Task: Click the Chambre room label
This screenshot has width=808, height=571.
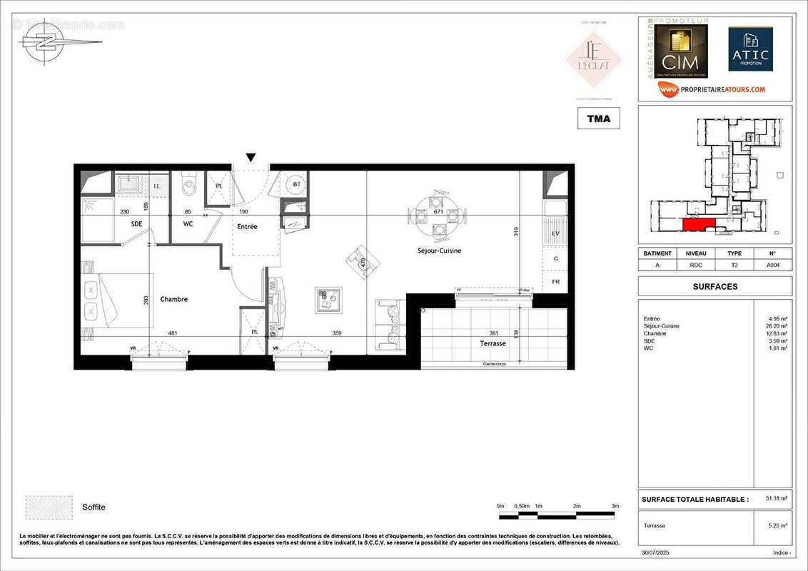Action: click(x=173, y=299)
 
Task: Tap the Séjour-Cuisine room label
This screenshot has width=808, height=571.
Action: click(x=439, y=251)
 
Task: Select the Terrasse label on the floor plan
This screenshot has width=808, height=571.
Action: click(x=493, y=343)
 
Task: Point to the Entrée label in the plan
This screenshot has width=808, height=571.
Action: click(x=247, y=226)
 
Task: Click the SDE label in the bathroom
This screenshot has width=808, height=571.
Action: click(x=137, y=224)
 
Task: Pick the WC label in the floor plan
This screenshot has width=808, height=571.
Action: click(x=188, y=224)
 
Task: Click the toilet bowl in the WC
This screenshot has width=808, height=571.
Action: click(x=189, y=186)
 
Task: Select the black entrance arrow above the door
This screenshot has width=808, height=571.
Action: click(x=251, y=158)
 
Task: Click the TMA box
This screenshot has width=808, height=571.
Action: click(x=598, y=118)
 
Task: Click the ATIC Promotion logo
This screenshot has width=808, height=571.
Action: click(x=750, y=49)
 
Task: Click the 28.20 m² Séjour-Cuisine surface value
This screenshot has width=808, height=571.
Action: click(x=778, y=326)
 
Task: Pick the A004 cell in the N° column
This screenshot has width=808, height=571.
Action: click(x=772, y=264)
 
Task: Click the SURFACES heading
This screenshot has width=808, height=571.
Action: click(x=714, y=286)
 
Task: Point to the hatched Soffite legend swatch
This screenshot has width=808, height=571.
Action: click(x=49, y=506)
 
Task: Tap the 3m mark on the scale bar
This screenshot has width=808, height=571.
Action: click(x=615, y=506)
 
